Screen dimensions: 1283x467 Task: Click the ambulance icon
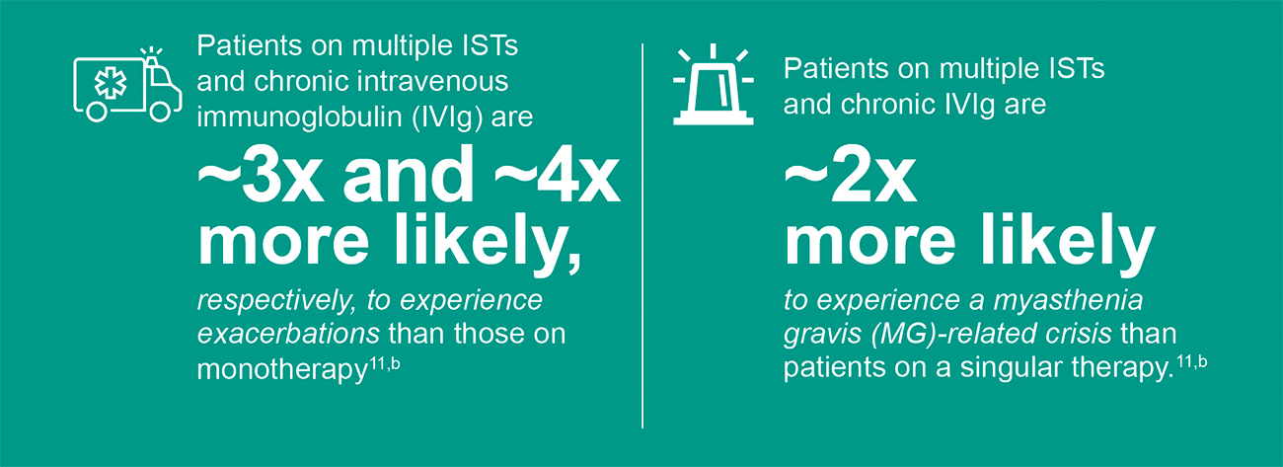127,85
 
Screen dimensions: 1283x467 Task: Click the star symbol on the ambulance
111,84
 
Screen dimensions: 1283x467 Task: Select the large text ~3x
261,175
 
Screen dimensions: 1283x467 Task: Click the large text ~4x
557,175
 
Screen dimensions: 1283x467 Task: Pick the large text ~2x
851,175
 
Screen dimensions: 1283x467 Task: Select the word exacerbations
288,334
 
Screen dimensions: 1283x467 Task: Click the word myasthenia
1068,301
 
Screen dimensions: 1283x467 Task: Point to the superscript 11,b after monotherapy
384,364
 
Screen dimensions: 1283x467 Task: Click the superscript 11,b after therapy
1192,362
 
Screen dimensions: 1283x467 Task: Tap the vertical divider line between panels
642,236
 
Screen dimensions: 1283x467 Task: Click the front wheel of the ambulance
160,112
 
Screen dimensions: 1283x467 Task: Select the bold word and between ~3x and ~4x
409,175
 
